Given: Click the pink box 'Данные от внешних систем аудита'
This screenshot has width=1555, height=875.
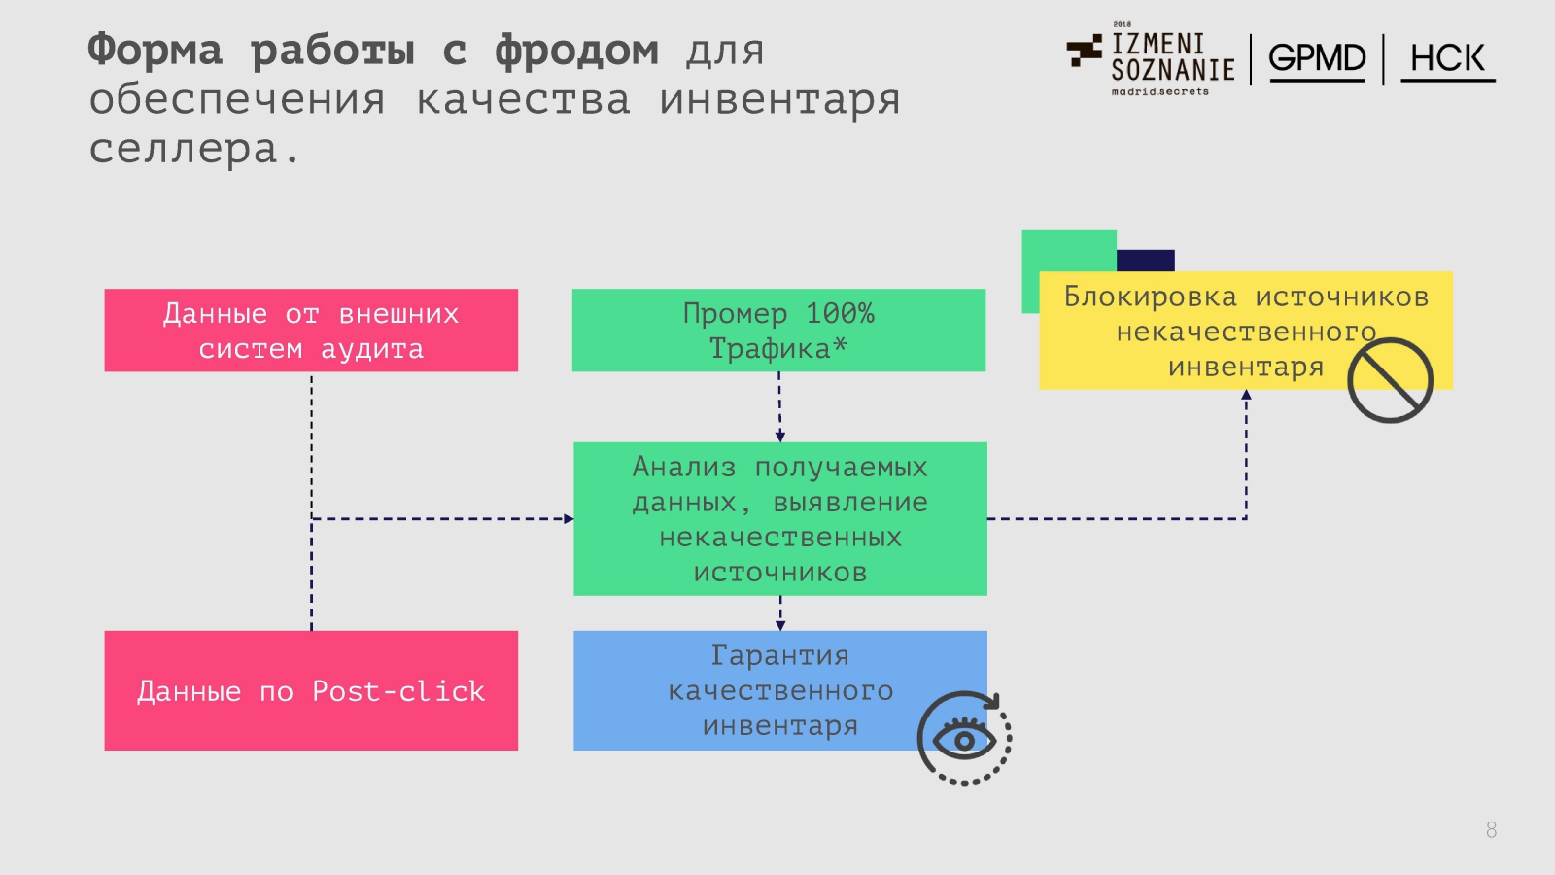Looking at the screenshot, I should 311,331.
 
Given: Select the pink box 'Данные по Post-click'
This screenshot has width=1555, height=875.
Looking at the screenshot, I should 311,690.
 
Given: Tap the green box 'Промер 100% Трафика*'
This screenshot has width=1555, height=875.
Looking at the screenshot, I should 778,331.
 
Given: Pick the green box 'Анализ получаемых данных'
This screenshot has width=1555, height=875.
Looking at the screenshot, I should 780,518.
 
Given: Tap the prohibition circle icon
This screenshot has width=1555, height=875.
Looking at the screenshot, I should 1390,380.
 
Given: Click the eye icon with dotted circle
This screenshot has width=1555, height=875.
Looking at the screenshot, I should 964,738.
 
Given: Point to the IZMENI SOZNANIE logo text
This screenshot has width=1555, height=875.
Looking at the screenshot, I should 1172,57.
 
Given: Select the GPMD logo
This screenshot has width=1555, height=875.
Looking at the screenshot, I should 1317,58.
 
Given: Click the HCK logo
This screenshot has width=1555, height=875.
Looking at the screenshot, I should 1447,59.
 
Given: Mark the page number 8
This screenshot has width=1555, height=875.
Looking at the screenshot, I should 1491,829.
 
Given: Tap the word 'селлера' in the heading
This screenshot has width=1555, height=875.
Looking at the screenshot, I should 185,149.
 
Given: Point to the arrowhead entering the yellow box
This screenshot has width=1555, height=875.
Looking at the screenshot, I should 1246,395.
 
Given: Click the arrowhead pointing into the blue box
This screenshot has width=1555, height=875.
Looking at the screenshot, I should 780,625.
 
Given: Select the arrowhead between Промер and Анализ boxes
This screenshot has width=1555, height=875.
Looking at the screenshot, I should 779,437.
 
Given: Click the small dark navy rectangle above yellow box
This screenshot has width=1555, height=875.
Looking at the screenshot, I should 1146,260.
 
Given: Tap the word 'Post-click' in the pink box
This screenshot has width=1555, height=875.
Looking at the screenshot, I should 398,691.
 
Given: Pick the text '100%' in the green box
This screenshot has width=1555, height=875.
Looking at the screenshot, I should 840,314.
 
